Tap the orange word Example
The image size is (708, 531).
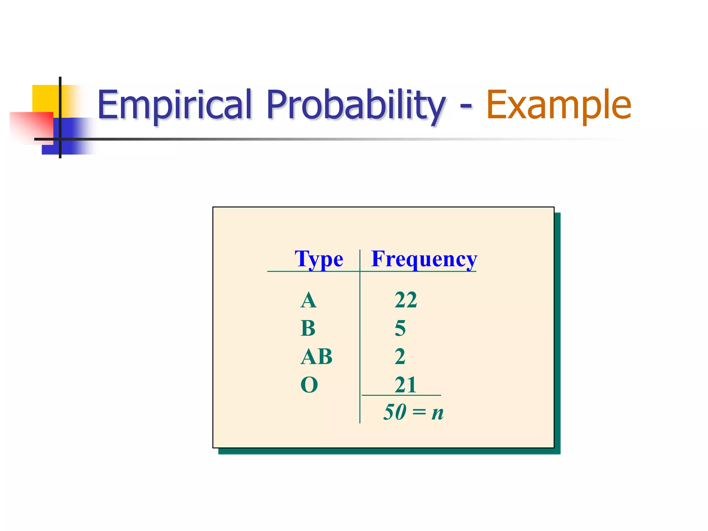pyautogui.click(x=559, y=105)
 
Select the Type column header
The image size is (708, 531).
pyautogui.click(x=319, y=259)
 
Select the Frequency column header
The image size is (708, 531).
pyautogui.click(x=424, y=259)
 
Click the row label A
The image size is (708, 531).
pyautogui.click(x=308, y=300)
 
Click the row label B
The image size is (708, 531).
pyautogui.click(x=308, y=328)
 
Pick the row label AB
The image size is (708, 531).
pyautogui.click(x=316, y=356)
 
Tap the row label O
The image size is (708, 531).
pyautogui.click(x=309, y=385)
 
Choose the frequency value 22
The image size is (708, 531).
pyautogui.click(x=406, y=300)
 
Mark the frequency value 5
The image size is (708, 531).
pyautogui.click(x=400, y=328)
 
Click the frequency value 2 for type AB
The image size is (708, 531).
pyautogui.click(x=400, y=356)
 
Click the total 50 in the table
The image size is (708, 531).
pyautogui.click(x=395, y=412)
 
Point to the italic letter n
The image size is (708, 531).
pyautogui.click(x=437, y=413)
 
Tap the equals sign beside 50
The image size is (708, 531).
pyautogui.click(x=419, y=412)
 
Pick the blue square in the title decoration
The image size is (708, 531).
pyautogui.click(x=74, y=137)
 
